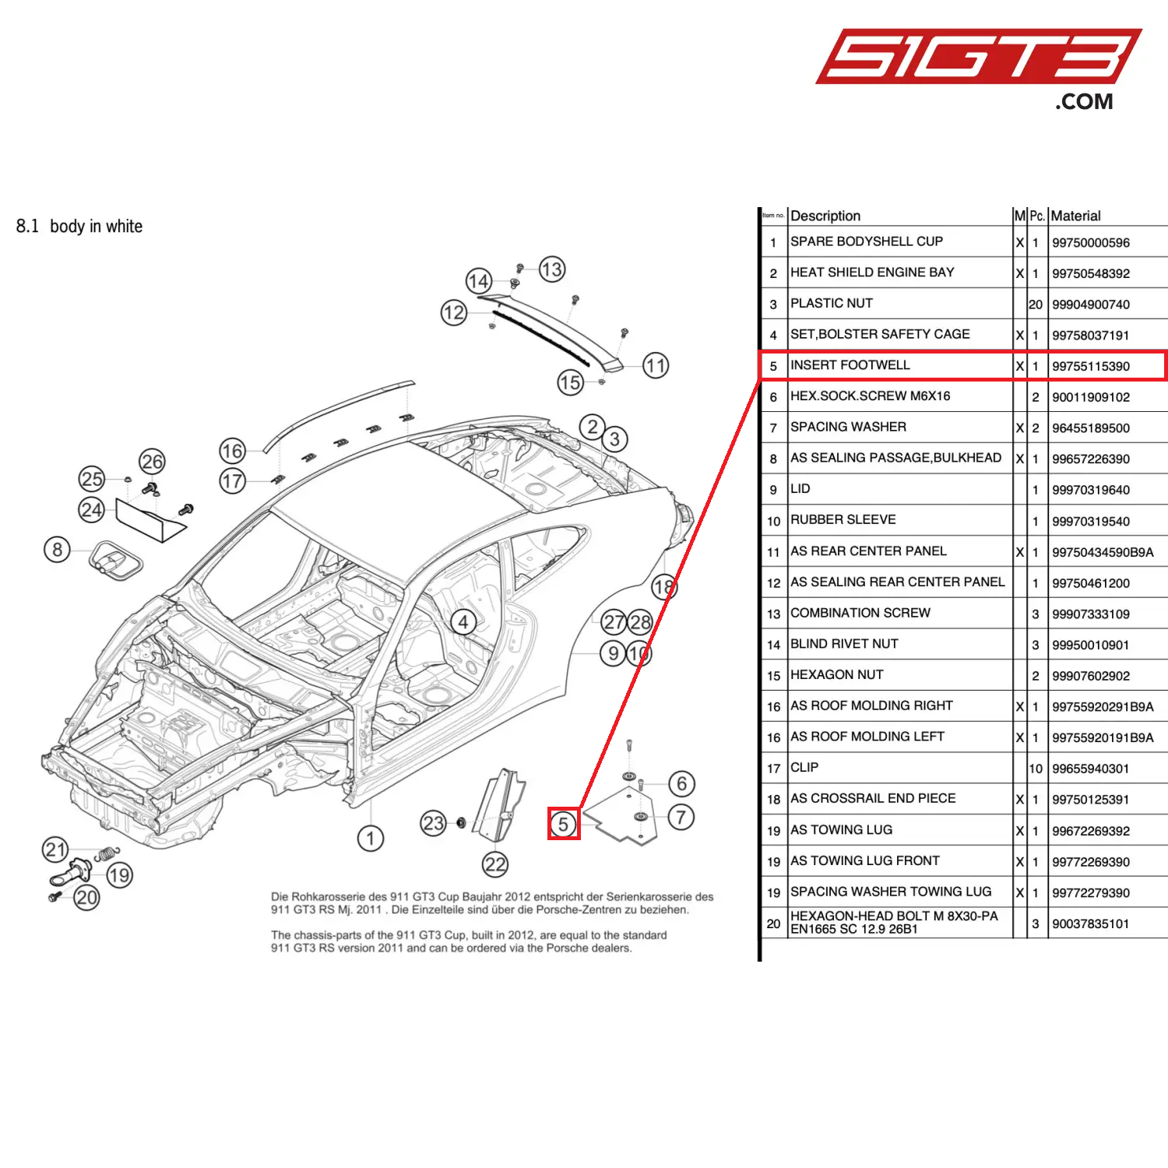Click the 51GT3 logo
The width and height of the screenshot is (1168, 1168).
click(x=977, y=58)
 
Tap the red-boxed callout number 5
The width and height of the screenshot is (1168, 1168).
click(x=563, y=824)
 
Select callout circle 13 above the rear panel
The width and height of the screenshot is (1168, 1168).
click(x=551, y=269)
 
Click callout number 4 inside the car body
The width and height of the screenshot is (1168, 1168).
click(x=463, y=621)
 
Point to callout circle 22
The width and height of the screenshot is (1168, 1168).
click(x=495, y=864)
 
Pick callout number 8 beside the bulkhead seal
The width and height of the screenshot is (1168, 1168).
click(x=57, y=550)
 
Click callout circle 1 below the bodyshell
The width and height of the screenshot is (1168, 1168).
click(x=371, y=839)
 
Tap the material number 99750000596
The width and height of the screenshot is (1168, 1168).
click(x=1090, y=243)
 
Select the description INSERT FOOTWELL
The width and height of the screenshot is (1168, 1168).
click(x=850, y=365)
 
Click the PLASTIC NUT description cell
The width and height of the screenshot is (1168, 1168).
click(x=831, y=303)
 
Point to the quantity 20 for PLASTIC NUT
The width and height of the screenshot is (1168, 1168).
click(x=1035, y=304)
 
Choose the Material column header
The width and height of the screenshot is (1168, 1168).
click(x=1075, y=216)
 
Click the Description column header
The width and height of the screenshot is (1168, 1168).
click(x=825, y=216)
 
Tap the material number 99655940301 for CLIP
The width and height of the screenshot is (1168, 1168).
click(x=1090, y=769)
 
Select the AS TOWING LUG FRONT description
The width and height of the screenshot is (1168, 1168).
click(x=864, y=860)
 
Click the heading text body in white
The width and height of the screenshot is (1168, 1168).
click(x=96, y=227)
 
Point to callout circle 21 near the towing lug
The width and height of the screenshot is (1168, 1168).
click(x=55, y=849)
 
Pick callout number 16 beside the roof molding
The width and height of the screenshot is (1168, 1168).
click(x=232, y=451)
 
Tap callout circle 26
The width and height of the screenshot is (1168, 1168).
click(x=152, y=462)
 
